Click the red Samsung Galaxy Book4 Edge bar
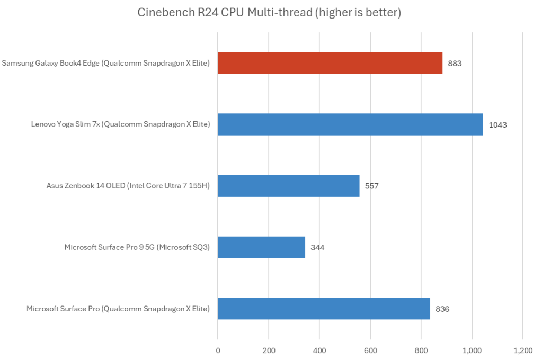pyautogui.click(x=330, y=62)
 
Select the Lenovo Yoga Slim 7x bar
pyautogui.click(x=350, y=124)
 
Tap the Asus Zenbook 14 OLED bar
pyautogui.click(x=288, y=186)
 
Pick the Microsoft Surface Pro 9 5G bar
pyautogui.click(x=261, y=247)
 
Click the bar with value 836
pyautogui.click(x=324, y=309)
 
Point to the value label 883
pyautogui.click(x=455, y=63)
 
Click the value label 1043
pyautogui.click(x=497, y=124)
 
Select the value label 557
pyautogui.click(x=371, y=186)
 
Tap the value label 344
pyautogui.click(x=317, y=247)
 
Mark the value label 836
pyautogui.click(x=442, y=309)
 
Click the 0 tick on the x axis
pyautogui.click(x=218, y=350)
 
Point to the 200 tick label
pyautogui.click(x=269, y=350)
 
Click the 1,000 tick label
pyautogui.click(x=472, y=350)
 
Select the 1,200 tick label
pyautogui.click(x=523, y=350)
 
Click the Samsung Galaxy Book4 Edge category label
pyautogui.click(x=106, y=63)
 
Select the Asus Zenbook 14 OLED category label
pyautogui.click(x=128, y=186)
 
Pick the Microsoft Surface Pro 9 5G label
pyautogui.click(x=137, y=247)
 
